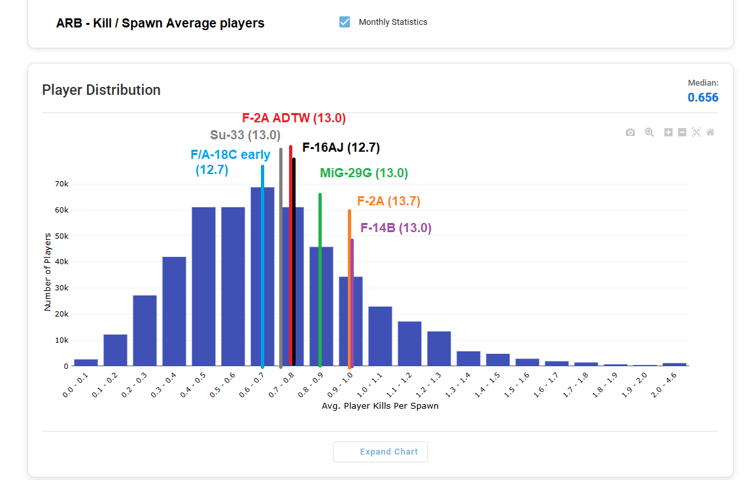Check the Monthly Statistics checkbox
pyautogui.click(x=345, y=22)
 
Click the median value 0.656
pyautogui.click(x=702, y=97)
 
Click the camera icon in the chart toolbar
pyautogui.click(x=630, y=132)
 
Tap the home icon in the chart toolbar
pyautogui.click(x=710, y=132)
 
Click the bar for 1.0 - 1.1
pyautogui.click(x=380, y=336)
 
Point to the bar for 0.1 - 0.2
pyautogui.click(x=115, y=350)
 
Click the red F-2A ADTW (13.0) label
pyautogui.click(x=294, y=118)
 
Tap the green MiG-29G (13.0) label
pyautogui.click(x=364, y=173)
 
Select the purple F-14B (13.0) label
pyautogui.click(x=396, y=228)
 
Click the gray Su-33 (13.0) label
pyautogui.click(x=245, y=135)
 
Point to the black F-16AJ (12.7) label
pyautogui.click(x=341, y=148)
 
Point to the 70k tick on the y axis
pyautogui.click(x=61, y=184)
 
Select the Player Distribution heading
pyautogui.click(x=101, y=90)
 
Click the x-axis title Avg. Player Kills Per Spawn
pyautogui.click(x=380, y=406)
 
